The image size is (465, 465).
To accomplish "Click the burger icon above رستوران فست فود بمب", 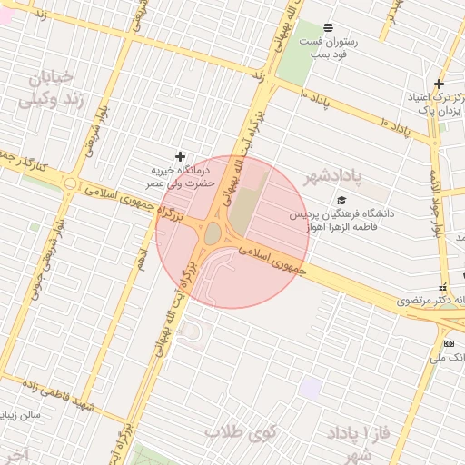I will click(x=327, y=26).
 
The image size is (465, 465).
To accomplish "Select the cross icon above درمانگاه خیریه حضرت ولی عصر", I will click(x=180, y=157).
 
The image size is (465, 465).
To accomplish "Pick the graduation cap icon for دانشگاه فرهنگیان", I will click(x=341, y=201).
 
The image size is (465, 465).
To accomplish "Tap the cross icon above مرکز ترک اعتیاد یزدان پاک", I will click(x=440, y=84).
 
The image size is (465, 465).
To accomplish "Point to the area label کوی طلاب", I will click(x=240, y=430).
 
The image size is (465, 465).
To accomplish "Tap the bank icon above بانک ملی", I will click(x=449, y=343).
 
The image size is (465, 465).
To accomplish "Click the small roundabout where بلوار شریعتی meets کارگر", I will click(x=70, y=183).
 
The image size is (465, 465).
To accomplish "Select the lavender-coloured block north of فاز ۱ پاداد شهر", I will click(x=311, y=389).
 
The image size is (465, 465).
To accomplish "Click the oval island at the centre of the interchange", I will click(x=213, y=233).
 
